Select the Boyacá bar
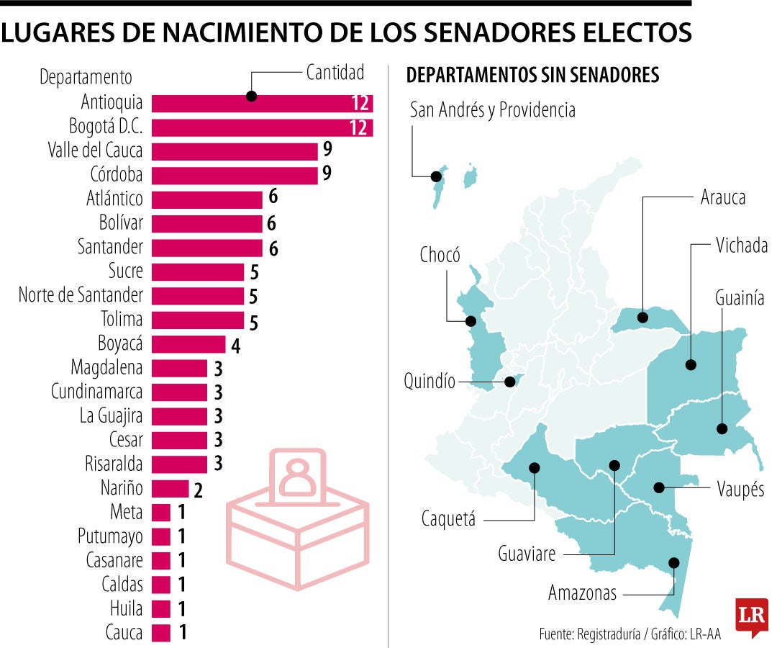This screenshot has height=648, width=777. [x=188, y=344]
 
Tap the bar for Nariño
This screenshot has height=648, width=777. [x=170, y=489]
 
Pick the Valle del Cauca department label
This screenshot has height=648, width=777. [x=95, y=150]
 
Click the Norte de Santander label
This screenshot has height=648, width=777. [x=81, y=295]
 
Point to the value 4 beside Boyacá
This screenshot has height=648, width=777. [x=235, y=345]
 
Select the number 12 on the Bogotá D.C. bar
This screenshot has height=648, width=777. [x=360, y=127]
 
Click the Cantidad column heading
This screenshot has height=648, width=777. [x=335, y=73]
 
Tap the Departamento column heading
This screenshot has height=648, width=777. [x=86, y=76]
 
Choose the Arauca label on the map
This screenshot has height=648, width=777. [x=722, y=197]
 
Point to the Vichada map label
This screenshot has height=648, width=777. [x=742, y=246]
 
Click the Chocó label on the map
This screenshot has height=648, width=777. [x=440, y=254]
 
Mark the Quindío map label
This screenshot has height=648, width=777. [x=430, y=382]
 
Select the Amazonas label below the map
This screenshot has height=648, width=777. [x=582, y=593]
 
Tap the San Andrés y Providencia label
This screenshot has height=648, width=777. [x=492, y=110]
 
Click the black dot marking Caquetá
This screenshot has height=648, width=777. [x=534, y=467]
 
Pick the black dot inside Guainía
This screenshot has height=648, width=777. [x=722, y=428]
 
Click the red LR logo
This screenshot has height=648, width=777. [x=751, y=616]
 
